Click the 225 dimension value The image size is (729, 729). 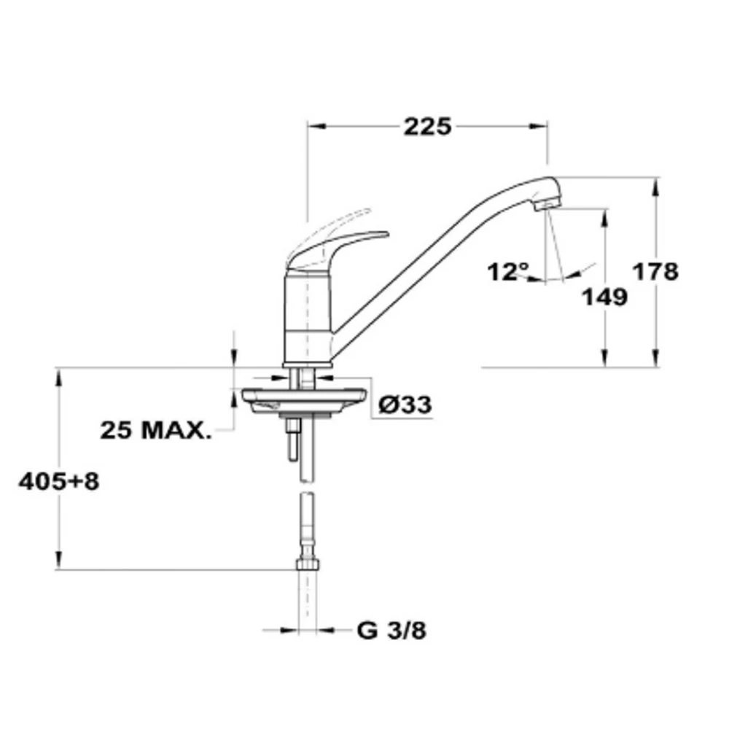(x=427, y=126)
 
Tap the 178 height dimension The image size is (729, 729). (x=655, y=271)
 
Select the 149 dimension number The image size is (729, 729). (x=605, y=297)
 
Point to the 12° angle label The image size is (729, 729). (x=508, y=271)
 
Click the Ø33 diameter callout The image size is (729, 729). (x=405, y=405)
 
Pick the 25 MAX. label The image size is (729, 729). (x=156, y=430)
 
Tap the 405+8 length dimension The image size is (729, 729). (x=59, y=481)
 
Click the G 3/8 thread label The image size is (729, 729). (x=391, y=631)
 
